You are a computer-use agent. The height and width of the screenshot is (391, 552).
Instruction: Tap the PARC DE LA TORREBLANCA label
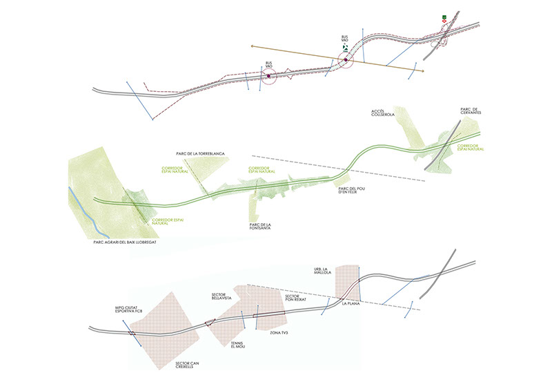tap(201, 153)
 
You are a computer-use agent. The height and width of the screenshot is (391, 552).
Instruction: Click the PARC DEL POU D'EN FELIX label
tap(351, 191)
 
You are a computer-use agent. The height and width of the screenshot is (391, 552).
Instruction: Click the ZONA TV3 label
tap(271, 333)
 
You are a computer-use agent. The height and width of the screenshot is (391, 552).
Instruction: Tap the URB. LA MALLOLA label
tap(322, 271)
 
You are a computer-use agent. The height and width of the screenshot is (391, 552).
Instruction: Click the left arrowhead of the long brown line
tap(252, 46)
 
